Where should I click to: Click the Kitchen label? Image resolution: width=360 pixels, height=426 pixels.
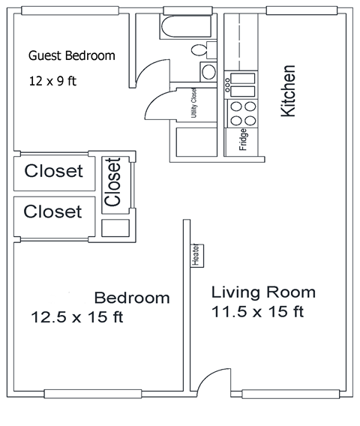pos(288,91)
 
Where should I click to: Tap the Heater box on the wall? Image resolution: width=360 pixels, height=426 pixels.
pos(194,256)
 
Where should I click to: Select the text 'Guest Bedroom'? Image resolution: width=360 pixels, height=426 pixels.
pos(71,55)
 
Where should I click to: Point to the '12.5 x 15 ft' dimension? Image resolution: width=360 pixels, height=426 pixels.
pos(76,316)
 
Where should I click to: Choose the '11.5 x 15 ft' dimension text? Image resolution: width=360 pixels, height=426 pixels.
pos(257,310)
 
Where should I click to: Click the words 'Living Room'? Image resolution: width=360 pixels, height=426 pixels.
pos(262,292)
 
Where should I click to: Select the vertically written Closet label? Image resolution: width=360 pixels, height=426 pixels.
pos(113,182)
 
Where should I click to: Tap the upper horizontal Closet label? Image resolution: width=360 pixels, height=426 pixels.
pos(53,171)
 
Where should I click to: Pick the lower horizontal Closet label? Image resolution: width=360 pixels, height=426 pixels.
pos(52,211)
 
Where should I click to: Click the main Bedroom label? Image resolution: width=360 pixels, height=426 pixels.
pos(131,298)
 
